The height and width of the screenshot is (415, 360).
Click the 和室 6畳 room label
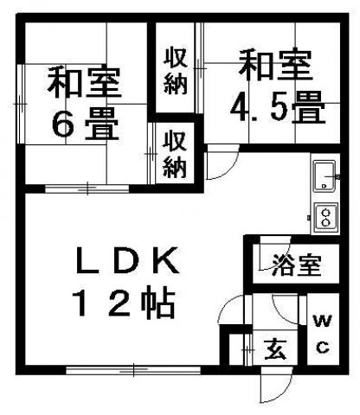click(x=84, y=103)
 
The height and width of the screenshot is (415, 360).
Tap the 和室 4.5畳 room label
click(x=276, y=86)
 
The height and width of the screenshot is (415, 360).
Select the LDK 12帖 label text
click(x=126, y=283)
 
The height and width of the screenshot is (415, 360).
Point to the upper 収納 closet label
click(x=176, y=72)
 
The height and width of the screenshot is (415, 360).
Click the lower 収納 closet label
click(x=174, y=154)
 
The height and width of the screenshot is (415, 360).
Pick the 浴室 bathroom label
click(x=297, y=265)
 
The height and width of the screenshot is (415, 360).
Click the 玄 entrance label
click(x=276, y=349)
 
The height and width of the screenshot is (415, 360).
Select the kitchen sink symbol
click(x=325, y=176)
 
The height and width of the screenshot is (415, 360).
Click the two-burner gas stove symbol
click(x=326, y=218)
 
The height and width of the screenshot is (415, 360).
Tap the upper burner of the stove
click(x=326, y=213)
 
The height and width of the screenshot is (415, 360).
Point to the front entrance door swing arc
click(x=276, y=389)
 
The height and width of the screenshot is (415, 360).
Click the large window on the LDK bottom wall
click(x=133, y=370)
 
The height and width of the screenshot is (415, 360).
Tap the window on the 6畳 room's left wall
click(x=21, y=104)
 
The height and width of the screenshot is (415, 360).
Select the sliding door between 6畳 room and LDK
click(x=87, y=188)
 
